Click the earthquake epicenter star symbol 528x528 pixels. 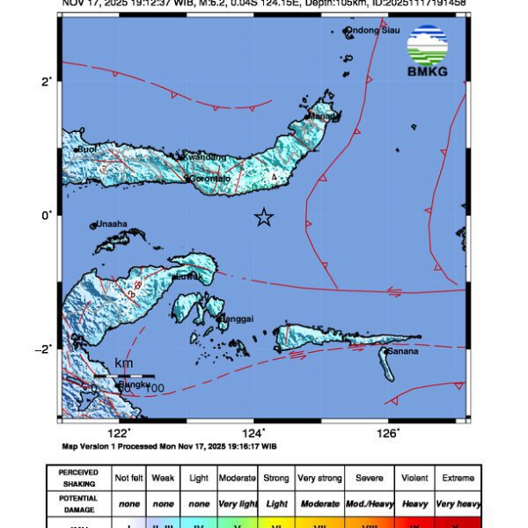(x=263, y=217)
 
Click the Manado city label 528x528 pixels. (x=322, y=116)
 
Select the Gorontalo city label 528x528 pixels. (x=209, y=179)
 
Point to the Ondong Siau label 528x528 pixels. (x=372, y=31)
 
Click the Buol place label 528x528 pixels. (x=87, y=150)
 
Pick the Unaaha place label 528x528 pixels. (x=112, y=224)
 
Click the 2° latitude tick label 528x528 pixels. (x=47, y=81)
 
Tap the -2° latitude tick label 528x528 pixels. (x=45, y=348)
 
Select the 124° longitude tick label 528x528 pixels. (x=253, y=431)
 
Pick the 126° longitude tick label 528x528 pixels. (x=389, y=431)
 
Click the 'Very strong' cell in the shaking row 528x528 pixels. (x=319, y=478)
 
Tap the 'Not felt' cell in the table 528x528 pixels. (x=129, y=478)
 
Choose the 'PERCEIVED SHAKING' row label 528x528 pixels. (x=78, y=478)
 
